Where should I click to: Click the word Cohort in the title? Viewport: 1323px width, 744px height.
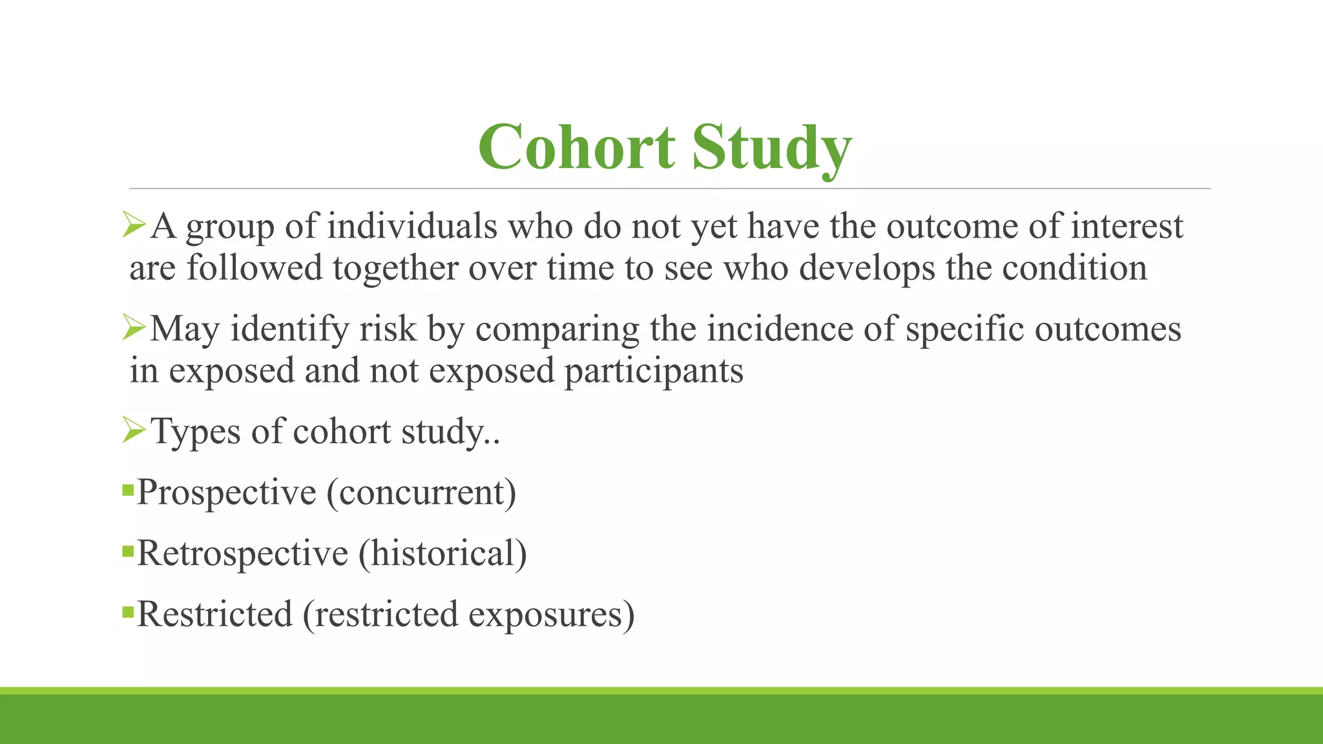click(576, 147)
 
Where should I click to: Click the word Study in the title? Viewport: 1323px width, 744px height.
click(772, 149)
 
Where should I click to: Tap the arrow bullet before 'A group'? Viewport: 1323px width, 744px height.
click(134, 225)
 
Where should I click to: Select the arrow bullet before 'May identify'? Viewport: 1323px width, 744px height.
click(134, 327)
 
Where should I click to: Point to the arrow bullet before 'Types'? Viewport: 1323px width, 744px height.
click(134, 429)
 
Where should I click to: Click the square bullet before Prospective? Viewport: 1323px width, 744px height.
click(127, 488)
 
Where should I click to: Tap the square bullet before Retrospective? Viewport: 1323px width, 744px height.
click(127, 551)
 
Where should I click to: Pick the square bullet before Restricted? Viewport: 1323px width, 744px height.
click(127, 610)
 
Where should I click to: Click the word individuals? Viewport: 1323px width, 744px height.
click(412, 227)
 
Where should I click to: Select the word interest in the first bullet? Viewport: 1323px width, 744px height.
click(1127, 227)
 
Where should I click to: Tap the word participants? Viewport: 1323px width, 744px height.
click(654, 371)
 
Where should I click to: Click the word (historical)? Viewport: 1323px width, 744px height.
click(443, 553)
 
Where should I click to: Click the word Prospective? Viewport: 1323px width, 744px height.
click(226, 493)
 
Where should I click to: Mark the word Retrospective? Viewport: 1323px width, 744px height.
click(243, 553)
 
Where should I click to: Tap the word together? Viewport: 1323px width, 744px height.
click(395, 268)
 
